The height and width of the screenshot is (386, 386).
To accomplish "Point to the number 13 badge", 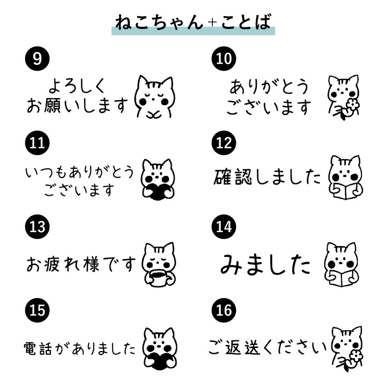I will point(36,227).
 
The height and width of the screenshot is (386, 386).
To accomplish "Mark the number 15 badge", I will point(36,310).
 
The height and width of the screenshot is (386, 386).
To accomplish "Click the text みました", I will point(266,263).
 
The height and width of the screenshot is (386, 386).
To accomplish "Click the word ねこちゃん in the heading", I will point(160,21).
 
